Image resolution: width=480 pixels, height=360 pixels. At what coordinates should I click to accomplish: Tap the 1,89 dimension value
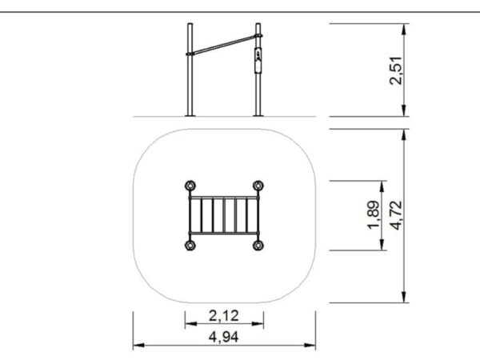(x=374, y=214)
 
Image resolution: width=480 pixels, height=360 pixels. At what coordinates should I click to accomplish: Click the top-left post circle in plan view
(x=190, y=186)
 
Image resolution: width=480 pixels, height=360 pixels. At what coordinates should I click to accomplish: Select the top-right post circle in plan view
(x=258, y=186)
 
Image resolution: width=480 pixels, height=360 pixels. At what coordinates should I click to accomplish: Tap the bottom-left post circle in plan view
(x=190, y=245)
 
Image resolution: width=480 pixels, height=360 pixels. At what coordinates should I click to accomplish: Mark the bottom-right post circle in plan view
(x=258, y=245)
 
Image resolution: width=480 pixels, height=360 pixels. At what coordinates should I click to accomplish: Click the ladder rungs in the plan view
(x=224, y=215)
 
